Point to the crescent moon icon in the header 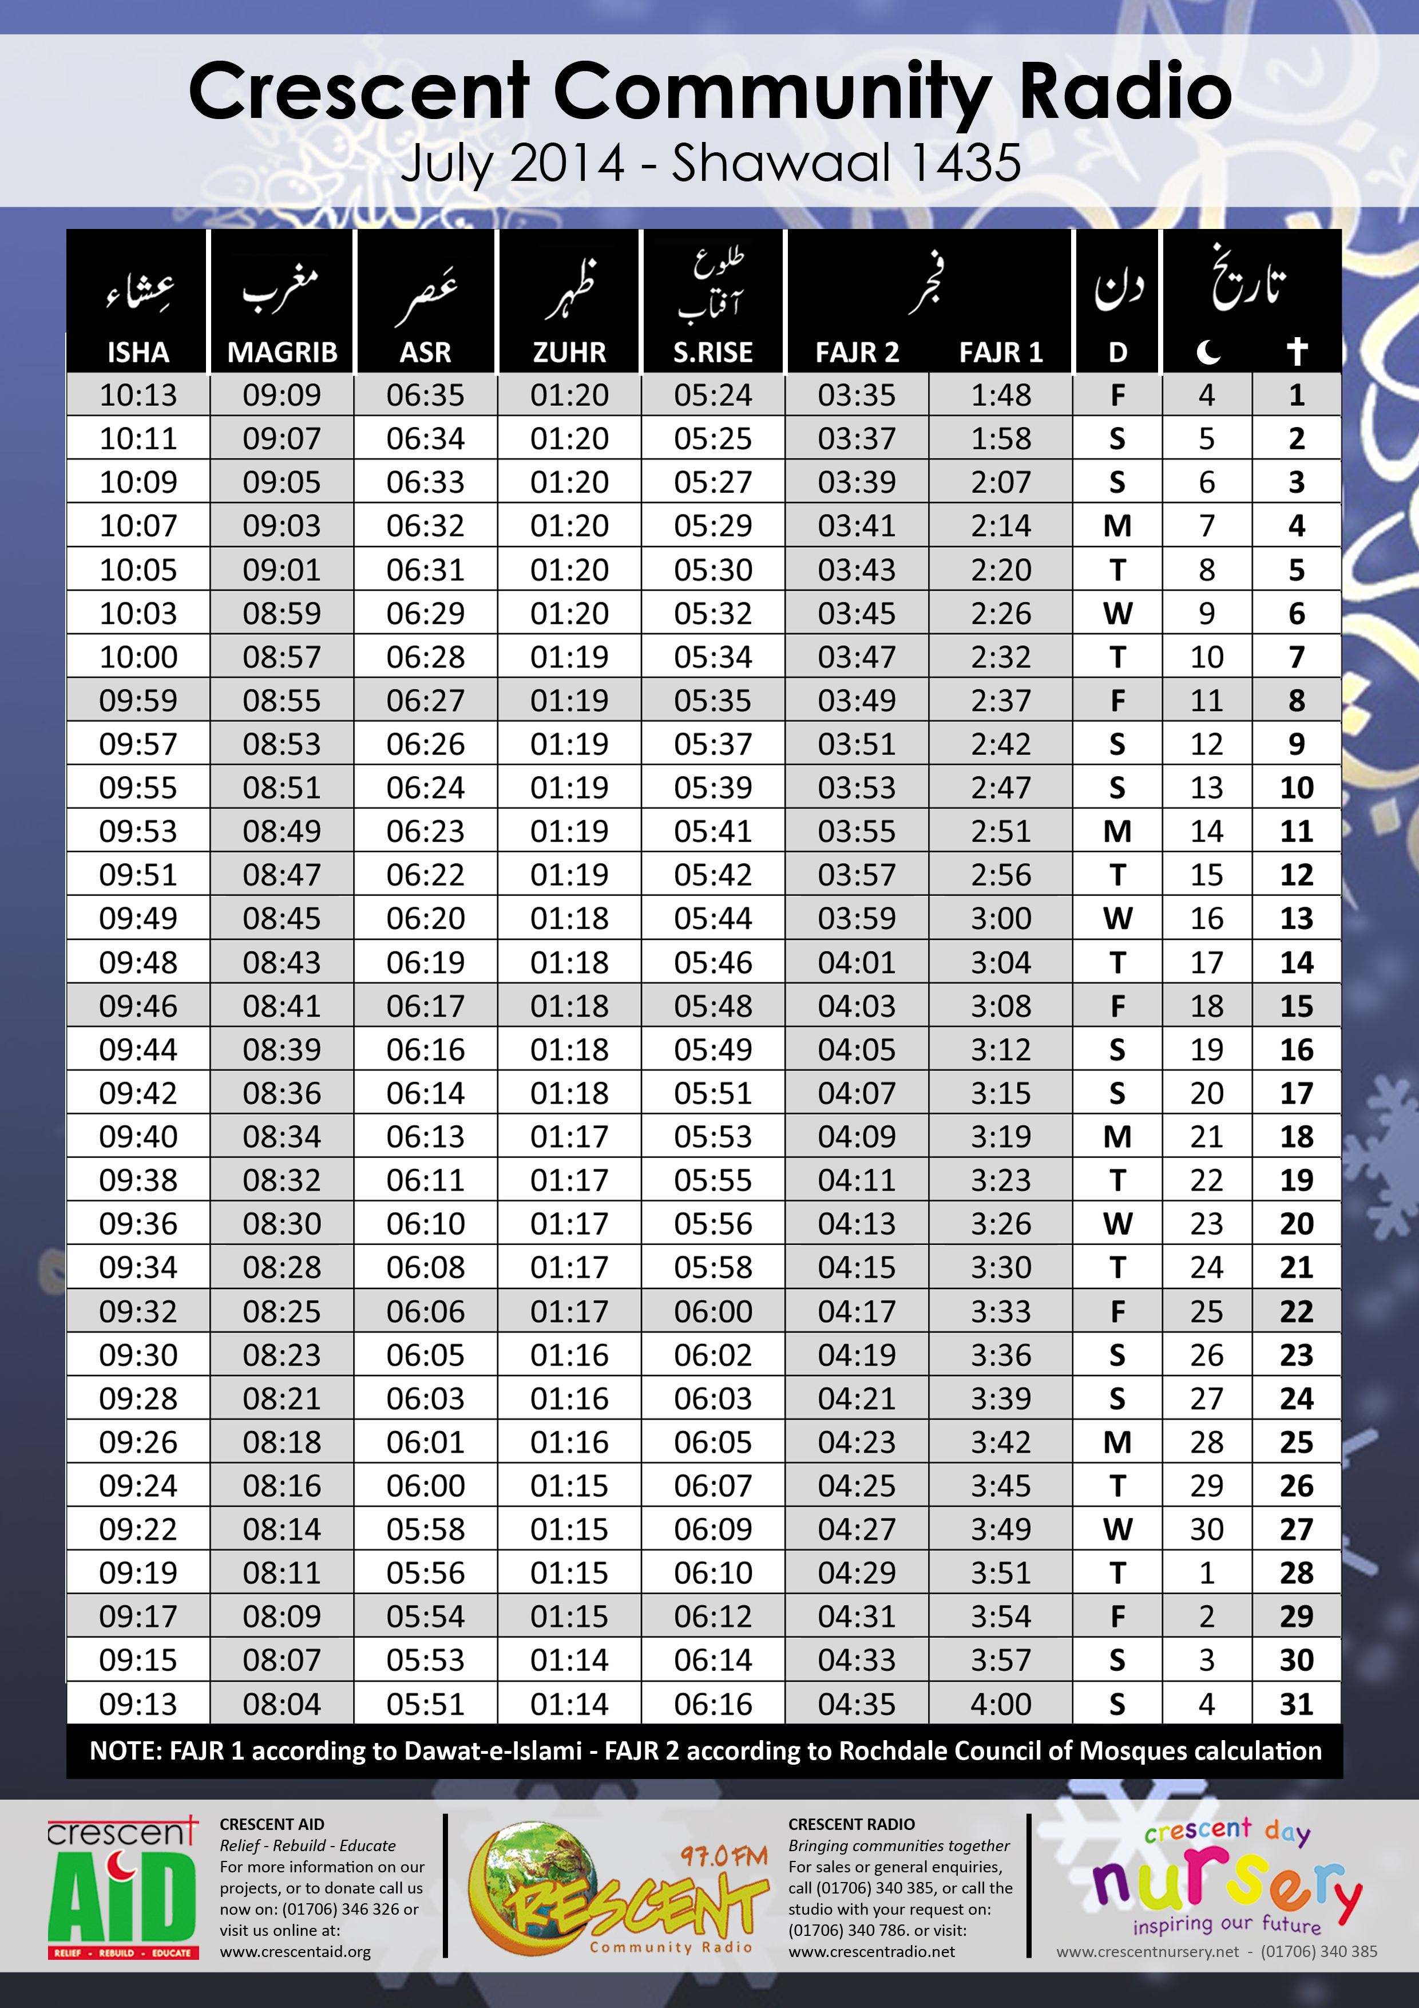pyautogui.click(x=1207, y=351)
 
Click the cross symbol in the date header pyautogui.click(x=1297, y=351)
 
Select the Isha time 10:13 pyautogui.click(x=138, y=396)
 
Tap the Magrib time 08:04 pyautogui.click(x=282, y=1703)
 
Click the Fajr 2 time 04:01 pyautogui.click(x=857, y=962)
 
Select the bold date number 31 pyautogui.click(x=1297, y=1703)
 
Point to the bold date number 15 pyautogui.click(x=1297, y=1006)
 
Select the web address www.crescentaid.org pyautogui.click(x=295, y=1951)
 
